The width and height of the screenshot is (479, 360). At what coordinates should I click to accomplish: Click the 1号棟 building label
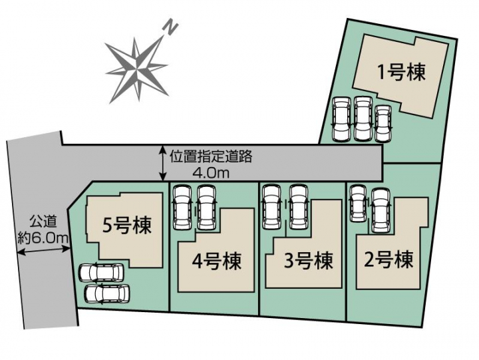(x=402, y=73)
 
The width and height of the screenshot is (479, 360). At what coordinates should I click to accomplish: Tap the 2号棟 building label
(x=389, y=259)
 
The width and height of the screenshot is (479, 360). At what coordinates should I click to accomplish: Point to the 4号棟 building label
(x=217, y=261)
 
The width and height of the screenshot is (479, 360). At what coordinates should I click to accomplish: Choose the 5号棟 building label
(x=127, y=226)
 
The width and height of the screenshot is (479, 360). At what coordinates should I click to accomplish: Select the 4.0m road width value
(x=211, y=173)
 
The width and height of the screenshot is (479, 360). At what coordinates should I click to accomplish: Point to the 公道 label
(x=43, y=222)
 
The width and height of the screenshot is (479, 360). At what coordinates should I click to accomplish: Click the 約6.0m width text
(x=43, y=238)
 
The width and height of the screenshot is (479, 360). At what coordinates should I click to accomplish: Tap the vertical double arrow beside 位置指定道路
(x=164, y=164)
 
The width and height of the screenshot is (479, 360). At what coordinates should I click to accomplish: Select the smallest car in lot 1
(x=383, y=124)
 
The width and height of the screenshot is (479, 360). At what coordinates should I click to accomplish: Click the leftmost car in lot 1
(x=341, y=119)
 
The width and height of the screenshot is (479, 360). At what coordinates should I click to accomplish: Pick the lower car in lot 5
(x=107, y=294)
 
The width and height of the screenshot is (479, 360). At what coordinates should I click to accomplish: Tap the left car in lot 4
(x=182, y=208)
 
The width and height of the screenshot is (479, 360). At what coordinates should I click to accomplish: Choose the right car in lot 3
(x=299, y=206)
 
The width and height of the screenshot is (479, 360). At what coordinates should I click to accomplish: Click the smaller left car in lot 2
(x=358, y=203)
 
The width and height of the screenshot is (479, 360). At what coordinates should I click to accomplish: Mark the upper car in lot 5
(x=101, y=272)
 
